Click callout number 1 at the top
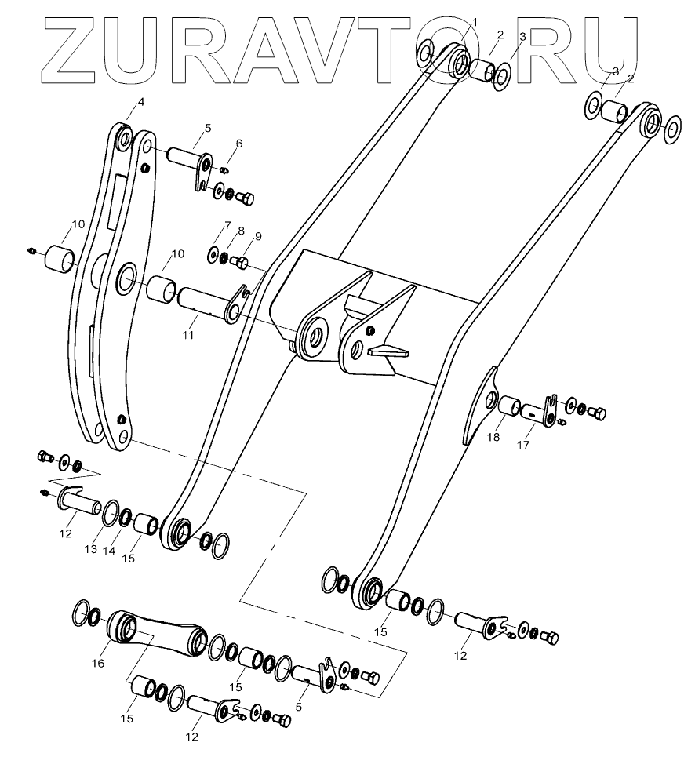tap(475, 21)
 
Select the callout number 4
tap(141, 102)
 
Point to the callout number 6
tap(239, 143)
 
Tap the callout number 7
tap(228, 226)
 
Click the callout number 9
tap(257, 235)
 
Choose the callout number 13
tap(92, 549)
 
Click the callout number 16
tap(98, 663)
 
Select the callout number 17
tap(523, 446)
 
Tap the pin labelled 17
tap(538, 410)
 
